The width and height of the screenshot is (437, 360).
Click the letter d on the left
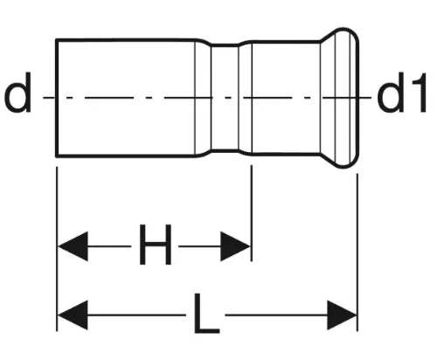(x=18, y=93)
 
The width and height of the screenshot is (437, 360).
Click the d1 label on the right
(x=402, y=93)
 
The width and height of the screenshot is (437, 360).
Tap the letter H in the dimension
(x=155, y=245)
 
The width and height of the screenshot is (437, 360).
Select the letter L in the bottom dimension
(x=206, y=314)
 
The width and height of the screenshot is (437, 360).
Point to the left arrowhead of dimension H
(x=73, y=246)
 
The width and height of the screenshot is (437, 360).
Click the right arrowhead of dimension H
(x=235, y=246)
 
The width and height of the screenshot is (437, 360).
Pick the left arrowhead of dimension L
(x=73, y=315)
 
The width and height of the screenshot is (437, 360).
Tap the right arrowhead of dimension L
(x=342, y=315)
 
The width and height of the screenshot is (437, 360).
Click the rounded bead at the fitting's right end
(x=347, y=98)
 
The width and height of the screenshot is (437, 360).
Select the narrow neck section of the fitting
(x=225, y=98)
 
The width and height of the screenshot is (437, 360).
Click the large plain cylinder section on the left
(x=125, y=98)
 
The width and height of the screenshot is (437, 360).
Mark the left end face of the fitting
(x=56, y=98)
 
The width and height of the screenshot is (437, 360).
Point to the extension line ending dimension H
(x=252, y=213)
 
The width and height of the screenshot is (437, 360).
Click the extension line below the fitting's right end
(x=357, y=253)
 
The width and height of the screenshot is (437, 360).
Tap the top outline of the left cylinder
(x=125, y=39)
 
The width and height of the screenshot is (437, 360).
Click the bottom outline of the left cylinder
(x=125, y=156)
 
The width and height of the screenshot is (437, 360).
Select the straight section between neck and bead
(x=286, y=98)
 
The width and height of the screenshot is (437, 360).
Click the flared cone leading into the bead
(x=328, y=98)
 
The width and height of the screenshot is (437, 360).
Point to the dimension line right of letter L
(x=276, y=315)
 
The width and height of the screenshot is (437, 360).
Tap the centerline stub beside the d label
(x=49, y=98)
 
